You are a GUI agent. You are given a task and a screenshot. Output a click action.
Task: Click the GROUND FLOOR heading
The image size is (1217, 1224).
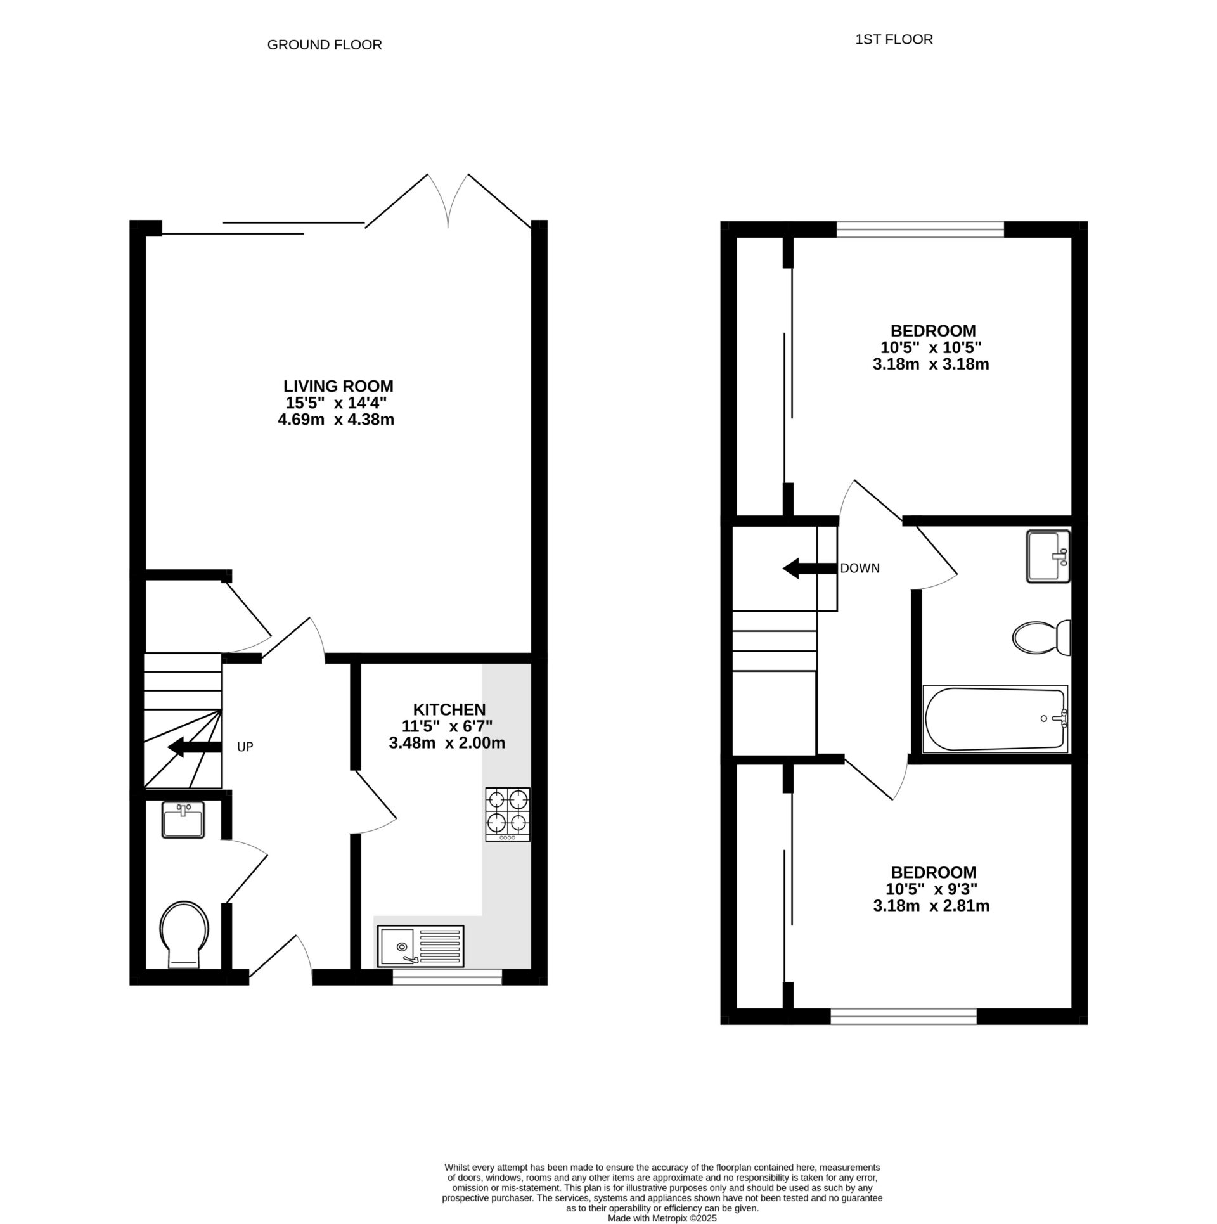[325, 45]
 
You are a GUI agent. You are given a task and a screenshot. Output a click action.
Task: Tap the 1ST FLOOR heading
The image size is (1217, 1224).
[894, 40]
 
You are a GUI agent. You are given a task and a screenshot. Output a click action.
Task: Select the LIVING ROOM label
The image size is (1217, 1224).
[338, 386]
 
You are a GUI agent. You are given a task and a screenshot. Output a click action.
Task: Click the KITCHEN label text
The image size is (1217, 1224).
[449, 709]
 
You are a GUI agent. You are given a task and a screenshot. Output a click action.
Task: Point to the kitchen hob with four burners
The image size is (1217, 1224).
[508, 814]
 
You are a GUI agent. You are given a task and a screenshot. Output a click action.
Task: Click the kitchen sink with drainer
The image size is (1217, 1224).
[421, 946]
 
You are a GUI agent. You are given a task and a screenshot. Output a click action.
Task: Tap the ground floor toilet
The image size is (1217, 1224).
[184, 935]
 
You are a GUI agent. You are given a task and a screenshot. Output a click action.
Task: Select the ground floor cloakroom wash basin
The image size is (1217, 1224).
[183, 820]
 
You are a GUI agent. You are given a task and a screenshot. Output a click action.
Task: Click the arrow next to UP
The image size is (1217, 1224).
[195, 748]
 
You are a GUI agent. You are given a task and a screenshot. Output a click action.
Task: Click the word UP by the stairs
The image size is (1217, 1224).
[245, 747]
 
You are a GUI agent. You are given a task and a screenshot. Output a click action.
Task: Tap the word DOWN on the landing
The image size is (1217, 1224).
[860, 569]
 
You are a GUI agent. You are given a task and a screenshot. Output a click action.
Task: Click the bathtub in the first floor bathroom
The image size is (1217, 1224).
[995, 719]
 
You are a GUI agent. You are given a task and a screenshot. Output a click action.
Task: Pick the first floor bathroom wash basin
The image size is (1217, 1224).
[1048, 557]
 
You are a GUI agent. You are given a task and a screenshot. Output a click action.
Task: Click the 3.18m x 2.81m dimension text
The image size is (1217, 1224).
[931, 906]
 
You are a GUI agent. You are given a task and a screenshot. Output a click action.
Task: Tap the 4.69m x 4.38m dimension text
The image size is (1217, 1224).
[336, 420]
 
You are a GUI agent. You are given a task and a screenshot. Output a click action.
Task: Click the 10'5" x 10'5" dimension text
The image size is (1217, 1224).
[931, 347]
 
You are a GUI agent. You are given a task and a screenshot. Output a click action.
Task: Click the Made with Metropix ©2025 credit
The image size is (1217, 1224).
[662, 1218]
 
